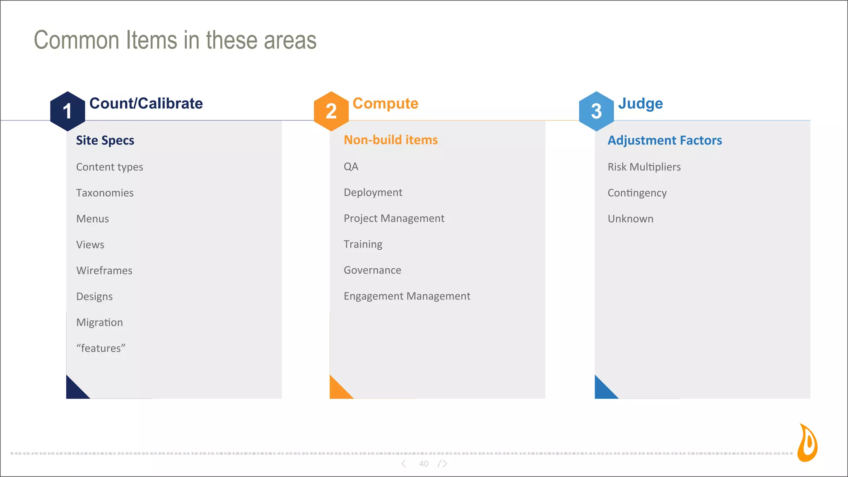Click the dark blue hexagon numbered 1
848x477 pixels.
point(67,111)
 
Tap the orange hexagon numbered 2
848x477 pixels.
point(331,111)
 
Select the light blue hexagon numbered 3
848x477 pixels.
point(596,111)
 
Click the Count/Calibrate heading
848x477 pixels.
point(146,104)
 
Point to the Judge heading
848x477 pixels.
point(640,104)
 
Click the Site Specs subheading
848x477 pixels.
point(105,140)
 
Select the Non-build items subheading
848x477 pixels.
point(390,140)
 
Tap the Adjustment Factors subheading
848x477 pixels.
point(665,140)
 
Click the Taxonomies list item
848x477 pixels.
point(105,193)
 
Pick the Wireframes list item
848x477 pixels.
point(104,270)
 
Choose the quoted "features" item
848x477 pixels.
point(101,348)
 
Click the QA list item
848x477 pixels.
point(351,166)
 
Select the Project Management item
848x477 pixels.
point(394,218)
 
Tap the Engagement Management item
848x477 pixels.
point(407,296)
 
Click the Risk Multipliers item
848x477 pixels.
point(644,167)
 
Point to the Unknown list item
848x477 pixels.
point(630,219)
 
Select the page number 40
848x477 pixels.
point(424,464)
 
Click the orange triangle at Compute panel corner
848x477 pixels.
point(337,390)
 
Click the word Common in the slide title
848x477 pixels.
point(77,40)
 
